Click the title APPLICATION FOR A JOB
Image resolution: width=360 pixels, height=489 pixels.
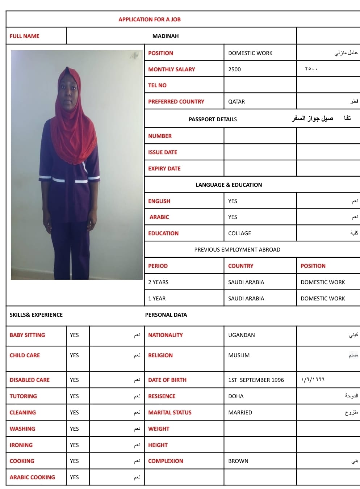click(x=149, y=20)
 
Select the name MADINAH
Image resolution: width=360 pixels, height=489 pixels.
click(x=166, y=36)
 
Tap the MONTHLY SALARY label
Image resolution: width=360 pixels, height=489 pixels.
click(x=171, y=69)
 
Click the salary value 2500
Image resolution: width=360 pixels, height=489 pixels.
click(x=234, y=69)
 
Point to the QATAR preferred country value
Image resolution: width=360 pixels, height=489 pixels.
click(x=236, y=102)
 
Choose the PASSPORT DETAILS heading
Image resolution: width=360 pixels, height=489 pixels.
click(x=213, y=119)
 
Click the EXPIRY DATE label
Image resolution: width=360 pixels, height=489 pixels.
click(x=164, y=168)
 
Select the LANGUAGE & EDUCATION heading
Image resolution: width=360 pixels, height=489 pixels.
click(x=229, y=185)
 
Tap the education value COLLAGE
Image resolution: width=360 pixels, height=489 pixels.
click(x=239, y=233)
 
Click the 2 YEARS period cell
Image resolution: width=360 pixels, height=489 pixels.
click(x=158, y=282)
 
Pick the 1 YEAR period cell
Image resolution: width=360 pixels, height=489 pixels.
click(x=157, y=299)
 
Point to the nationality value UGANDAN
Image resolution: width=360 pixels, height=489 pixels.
click(x=241, y=335)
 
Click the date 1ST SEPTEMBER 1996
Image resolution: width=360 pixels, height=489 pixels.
click(x=256, y=380)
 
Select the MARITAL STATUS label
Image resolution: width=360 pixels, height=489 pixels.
click(x=169, y=413)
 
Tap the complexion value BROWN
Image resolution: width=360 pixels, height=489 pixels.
click(x=238, y=461)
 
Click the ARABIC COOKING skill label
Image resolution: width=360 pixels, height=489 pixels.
click(x=32, y=477)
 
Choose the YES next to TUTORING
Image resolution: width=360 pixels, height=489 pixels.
click(x=74, y=396)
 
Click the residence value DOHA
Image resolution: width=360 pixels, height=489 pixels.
click(x=236, y=396)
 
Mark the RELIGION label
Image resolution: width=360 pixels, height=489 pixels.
click(x=160, y=355)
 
